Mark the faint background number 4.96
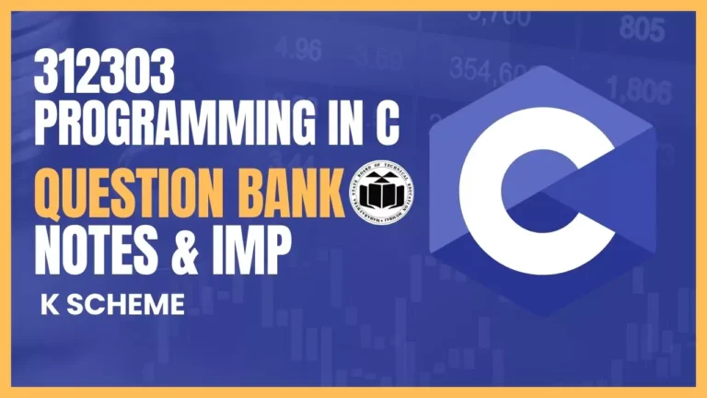click(296, 46)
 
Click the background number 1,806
click(643, 91)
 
